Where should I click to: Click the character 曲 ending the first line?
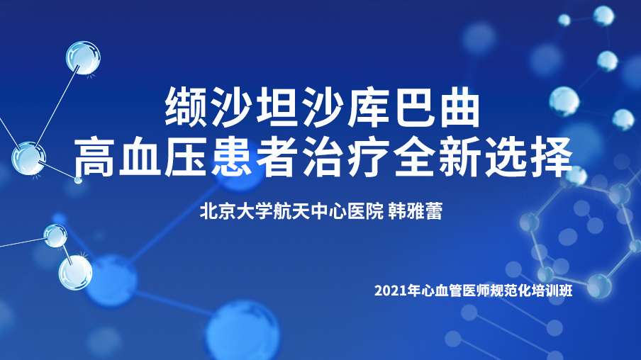459,107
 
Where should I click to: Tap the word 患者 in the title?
253,157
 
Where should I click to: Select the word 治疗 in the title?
345,157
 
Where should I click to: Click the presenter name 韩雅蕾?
415,211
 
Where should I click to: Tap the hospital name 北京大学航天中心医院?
291,211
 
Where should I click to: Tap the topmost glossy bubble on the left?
84,57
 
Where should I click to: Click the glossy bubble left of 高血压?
28,159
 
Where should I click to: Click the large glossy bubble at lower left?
75,273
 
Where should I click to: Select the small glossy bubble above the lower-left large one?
55,236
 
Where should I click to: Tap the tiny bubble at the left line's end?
78,179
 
